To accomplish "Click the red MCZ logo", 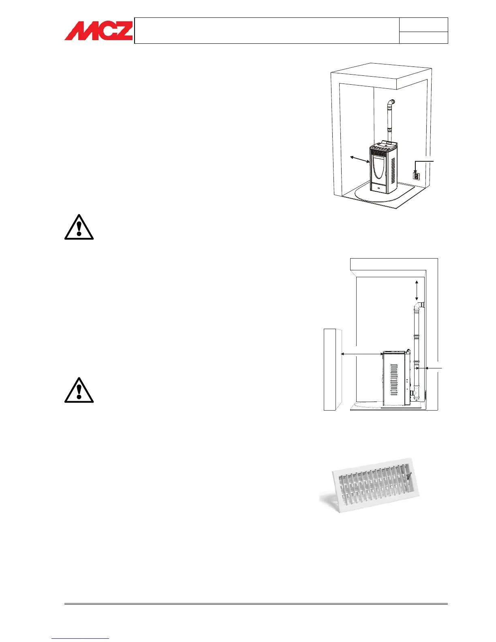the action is coord(98,31).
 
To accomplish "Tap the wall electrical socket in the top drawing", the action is coord(416,176).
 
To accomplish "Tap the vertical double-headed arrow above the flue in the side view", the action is coord(417,290).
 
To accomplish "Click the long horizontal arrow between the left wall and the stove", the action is coord(362,354).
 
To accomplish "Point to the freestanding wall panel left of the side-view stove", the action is coord(333,369).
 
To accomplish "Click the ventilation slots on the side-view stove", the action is coord(393,379).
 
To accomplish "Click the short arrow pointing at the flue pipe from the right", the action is coord(430,368).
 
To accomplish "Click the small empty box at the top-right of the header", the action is coord(423,25).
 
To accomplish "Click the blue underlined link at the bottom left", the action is coord(80,638).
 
